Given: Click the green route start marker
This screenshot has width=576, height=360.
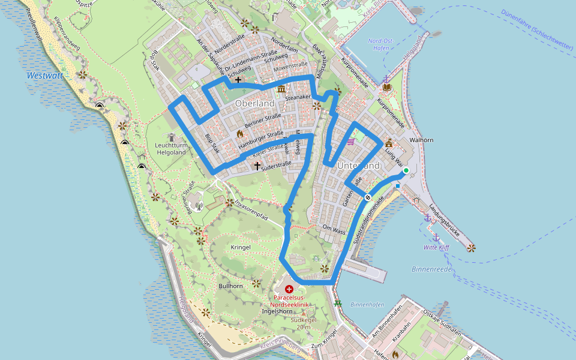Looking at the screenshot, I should point(406,171).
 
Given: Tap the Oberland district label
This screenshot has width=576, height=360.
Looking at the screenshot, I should point(255,104).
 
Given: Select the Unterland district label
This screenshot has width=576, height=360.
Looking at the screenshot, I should point(359,166).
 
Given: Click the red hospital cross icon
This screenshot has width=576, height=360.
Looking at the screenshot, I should point(289,289).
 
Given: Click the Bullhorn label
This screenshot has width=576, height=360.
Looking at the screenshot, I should point(231,286).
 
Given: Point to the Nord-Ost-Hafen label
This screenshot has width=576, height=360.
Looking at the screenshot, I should point(380,44).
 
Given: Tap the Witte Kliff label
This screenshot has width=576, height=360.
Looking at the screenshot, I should point(436,247).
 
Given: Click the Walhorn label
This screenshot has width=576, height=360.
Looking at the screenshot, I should point(421,140).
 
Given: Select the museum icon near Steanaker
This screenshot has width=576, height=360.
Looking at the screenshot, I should point(281,90).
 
